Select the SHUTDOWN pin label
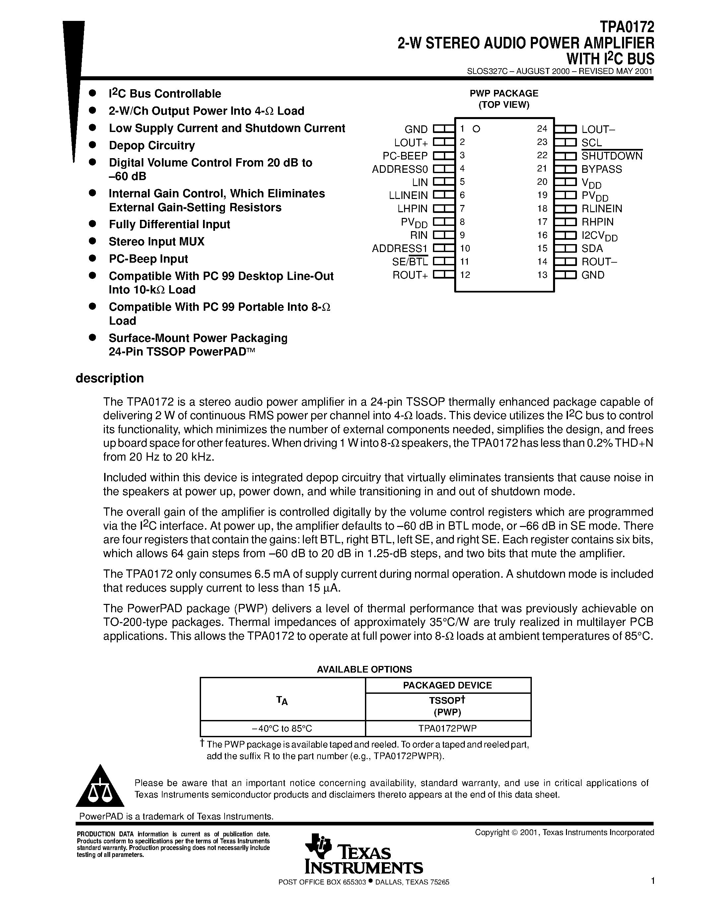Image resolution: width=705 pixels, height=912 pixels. click(x=611, y=156)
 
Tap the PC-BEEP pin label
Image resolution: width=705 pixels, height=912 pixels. click(x=405, y=156)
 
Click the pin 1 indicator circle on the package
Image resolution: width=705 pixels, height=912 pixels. click(x=476, y=129)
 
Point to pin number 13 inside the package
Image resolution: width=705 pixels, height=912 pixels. click(x=542, y=275)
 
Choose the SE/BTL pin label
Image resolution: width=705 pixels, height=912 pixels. click(x=410, y=262)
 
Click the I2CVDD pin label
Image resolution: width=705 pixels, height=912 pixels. click(x=599, y=236)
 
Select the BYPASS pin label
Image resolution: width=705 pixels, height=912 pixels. click(x=601, y=169)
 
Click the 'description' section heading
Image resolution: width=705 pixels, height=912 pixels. click(x=109, y=378)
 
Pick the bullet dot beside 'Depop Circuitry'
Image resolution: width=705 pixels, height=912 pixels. click(x=93, y=145)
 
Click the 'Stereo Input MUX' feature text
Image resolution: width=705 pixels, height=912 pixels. click(x=157, y=242)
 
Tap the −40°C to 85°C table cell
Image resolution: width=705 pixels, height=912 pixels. click(x=282, y=728)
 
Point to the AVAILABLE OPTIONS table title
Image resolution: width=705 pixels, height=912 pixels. click(x=364, y=669)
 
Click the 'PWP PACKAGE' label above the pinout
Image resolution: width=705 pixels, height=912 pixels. click(x=504, y=94)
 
